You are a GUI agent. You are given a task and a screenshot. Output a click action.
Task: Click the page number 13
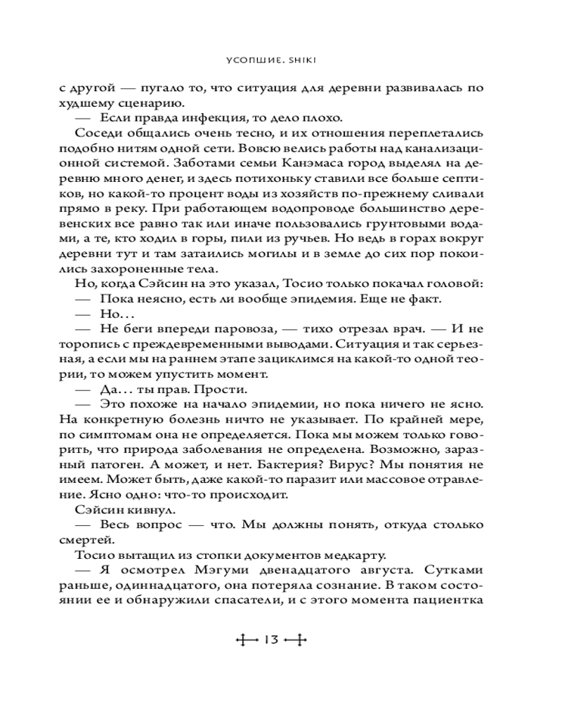click(272, 640)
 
